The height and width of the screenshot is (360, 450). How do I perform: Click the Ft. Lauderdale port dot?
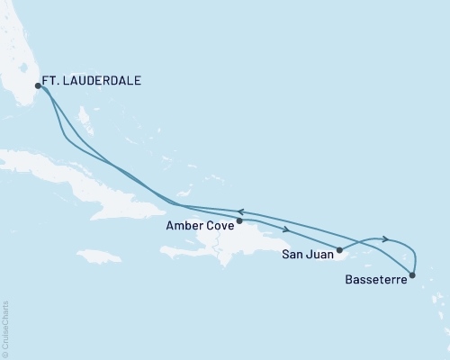tap(38, 86)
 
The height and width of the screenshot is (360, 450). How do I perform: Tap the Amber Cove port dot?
tap(239, 220)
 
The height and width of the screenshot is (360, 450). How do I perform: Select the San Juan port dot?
tap(339, 249)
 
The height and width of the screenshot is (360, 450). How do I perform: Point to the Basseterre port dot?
tap(412, 274)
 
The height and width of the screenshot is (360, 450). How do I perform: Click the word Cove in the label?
tap(220, 227)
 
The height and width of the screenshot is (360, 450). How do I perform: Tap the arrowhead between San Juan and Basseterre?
tap(385, 238)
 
